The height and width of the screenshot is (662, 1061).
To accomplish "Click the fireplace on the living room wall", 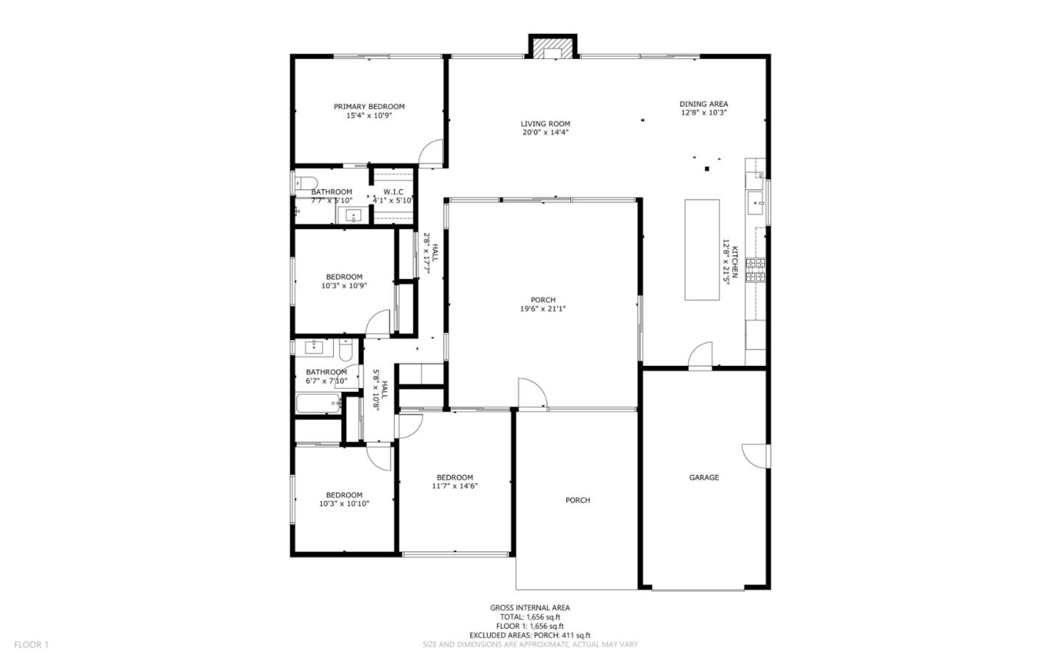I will click(552, 47).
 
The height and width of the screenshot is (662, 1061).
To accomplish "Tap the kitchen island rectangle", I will click(702, 250).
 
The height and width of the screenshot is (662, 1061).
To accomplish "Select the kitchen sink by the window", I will click(755, 203).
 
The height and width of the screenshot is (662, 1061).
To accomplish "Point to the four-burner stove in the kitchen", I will click(755, 270).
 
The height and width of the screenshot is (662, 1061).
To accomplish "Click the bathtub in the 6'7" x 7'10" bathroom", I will click(318, 404).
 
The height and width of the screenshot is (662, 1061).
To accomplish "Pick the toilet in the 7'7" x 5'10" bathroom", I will click(305, 183).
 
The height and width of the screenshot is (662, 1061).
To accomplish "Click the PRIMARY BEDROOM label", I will click(368, 106).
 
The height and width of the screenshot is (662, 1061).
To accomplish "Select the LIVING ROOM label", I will click(545, 124).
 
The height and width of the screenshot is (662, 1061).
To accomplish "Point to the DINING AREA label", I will click(703, 104).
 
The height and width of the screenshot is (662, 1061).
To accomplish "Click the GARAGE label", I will click(704, 477).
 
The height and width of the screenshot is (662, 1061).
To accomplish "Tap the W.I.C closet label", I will click(393, 191).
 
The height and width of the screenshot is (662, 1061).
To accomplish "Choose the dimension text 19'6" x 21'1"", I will click(543, 309).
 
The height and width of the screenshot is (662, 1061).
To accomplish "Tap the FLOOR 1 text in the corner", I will click(31, 644).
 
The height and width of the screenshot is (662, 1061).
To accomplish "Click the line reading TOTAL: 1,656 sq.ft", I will click(530, 617).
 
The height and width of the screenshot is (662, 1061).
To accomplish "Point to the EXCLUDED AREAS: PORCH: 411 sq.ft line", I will click(530, 635).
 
